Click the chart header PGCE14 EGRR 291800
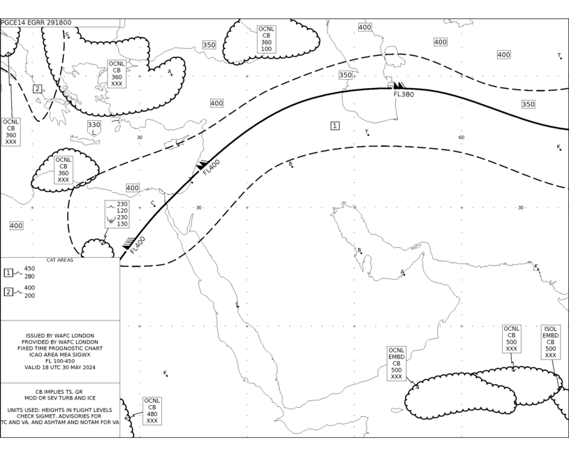36,22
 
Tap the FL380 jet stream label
404,94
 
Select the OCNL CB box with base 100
266,39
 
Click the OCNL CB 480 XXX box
152,411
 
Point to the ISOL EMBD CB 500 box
550,342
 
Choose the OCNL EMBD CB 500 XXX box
397,363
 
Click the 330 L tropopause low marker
94,128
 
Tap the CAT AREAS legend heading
60,260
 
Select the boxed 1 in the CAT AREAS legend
8,272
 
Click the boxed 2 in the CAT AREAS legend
8,291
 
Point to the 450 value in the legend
29,269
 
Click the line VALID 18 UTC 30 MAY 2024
60,367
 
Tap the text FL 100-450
60,361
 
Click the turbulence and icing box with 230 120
117,214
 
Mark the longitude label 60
461,138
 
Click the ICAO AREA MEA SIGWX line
60,355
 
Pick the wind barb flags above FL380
399,85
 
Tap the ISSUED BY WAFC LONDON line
60,335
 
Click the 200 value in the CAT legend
29,295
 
